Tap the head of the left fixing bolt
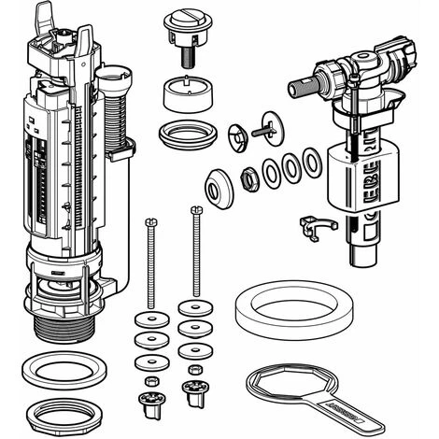point(150,219)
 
